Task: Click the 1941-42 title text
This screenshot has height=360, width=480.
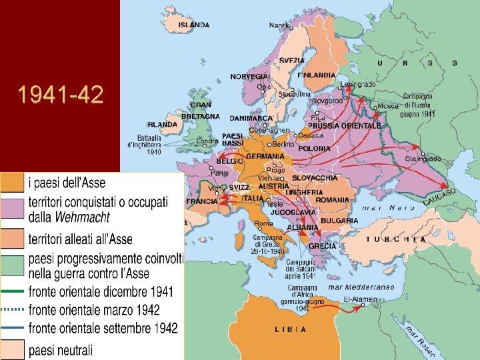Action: click(x=61, y=95)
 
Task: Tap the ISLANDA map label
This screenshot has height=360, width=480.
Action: click(x=194, y=25)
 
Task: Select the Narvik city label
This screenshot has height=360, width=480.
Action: click(x=279, y=25)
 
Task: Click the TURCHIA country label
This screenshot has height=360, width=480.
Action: click(x=396, y=239)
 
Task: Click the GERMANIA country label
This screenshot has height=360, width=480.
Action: click(x=265, y=156)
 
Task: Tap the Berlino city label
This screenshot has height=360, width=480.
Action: click(x=283, y=144)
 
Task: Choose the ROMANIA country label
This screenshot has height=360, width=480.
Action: click(x=332, y=200)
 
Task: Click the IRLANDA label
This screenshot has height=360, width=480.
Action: click(x=162, y=125)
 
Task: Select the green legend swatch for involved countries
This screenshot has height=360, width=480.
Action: click(x=12, y=265)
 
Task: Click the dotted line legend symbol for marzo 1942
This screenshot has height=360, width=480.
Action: click(x=12, y=310)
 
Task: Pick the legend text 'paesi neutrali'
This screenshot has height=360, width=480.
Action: click(x=61, y=349)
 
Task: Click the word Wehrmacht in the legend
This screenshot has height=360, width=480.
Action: click(x=83, y=217)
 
